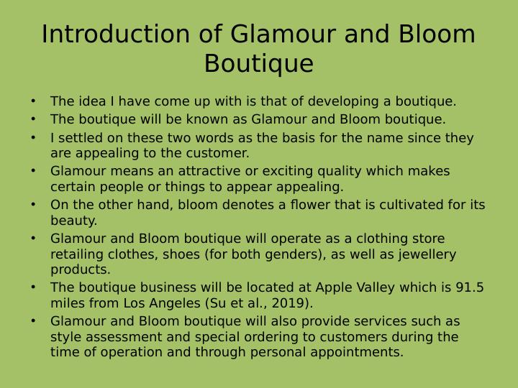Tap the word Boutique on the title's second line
(x=258, y=64)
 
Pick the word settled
(x=80, y=137)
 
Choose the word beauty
(x=73, y=221)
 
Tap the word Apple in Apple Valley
(x=334, y=288)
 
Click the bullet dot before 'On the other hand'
(x=33, y=205)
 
